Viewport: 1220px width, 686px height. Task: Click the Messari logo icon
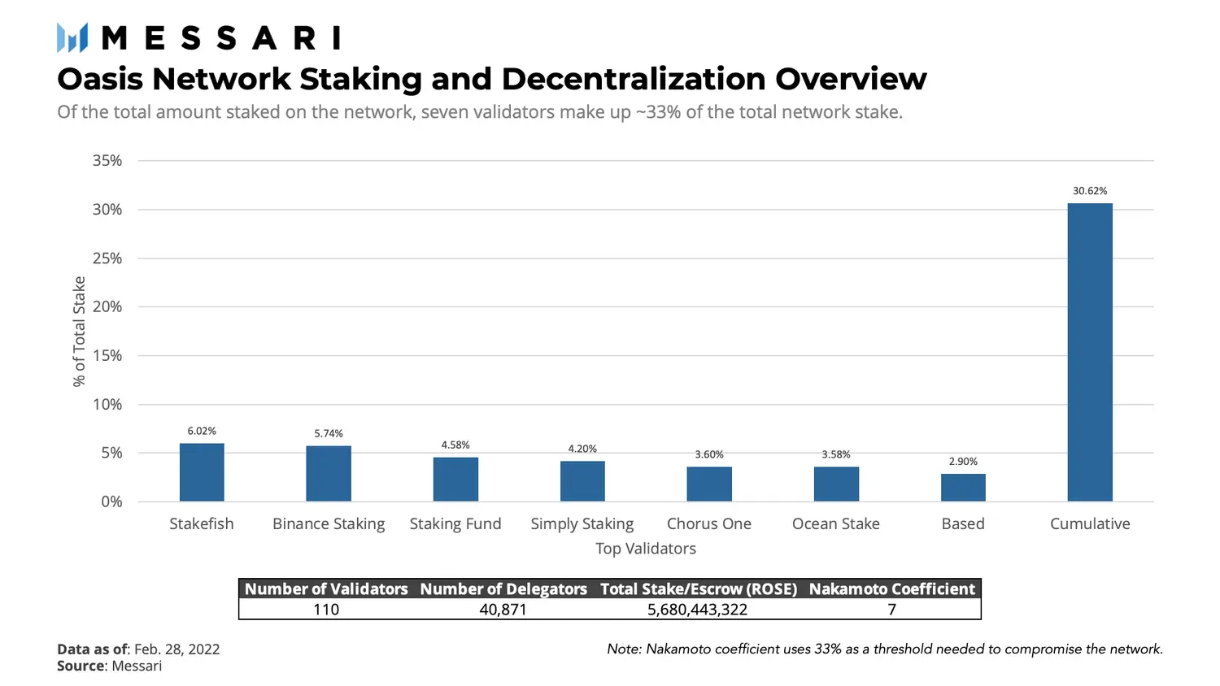[x=72, y=38]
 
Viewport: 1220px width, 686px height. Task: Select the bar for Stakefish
[x=202, y=472]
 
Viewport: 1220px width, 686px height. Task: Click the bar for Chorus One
[x=709, y=484]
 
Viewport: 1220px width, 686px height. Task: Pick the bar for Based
[x=963, y=488]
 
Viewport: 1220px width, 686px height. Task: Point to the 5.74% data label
[x=329, y=433]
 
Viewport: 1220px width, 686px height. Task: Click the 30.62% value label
[x=1090, y=191]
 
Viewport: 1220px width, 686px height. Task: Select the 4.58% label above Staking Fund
[x=455, y=445]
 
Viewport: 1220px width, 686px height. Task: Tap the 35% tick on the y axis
[x=107, y=161]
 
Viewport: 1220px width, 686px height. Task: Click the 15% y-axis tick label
[x=107, y=356]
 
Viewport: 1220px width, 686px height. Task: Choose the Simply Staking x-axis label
[x=582, y=524]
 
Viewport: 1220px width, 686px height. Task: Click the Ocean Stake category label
[x=836, y=524]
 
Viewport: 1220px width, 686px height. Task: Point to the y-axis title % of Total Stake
[x=79, y=331]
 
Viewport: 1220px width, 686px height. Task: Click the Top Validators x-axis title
[x=646, y=549]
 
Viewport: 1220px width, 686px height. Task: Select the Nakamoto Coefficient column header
[x=891, y=589]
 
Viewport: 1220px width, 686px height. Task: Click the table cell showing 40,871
[x=503, y=610]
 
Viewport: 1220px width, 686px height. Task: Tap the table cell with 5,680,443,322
[x=697, y=610]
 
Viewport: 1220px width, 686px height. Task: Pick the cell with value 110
[x=326, y=610]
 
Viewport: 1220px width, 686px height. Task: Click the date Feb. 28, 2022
[x=176, y=649]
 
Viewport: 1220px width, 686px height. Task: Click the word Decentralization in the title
[x=634, y=79]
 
